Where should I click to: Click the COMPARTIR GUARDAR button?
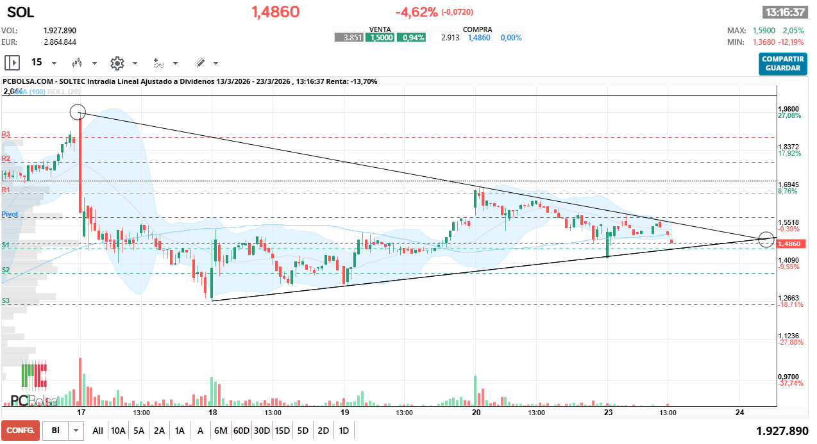click(x=782, y=63)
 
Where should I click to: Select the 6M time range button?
click(x=221, y=431)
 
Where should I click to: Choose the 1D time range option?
click(x=344, y=431)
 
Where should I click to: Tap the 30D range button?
click(x=262, y=431)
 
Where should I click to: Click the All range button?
click(x=97, y=431)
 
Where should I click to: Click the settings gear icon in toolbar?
click(x=117, y=63)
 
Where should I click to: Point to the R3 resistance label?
click(x=6, y=135)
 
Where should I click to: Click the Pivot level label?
click(x=10, y=214)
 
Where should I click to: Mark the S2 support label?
click(x=6, y=270)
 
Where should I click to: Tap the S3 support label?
click(x=6, y=300)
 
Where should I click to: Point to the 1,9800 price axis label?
click(x=788, y=109)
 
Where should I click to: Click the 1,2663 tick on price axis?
click(x=788, y=298)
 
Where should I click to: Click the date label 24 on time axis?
click(x=739, y=413)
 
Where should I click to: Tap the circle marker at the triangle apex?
click(x=766, y=239)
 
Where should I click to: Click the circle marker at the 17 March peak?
click(x=77, y=111)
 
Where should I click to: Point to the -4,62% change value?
click(x=416, y=12)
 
